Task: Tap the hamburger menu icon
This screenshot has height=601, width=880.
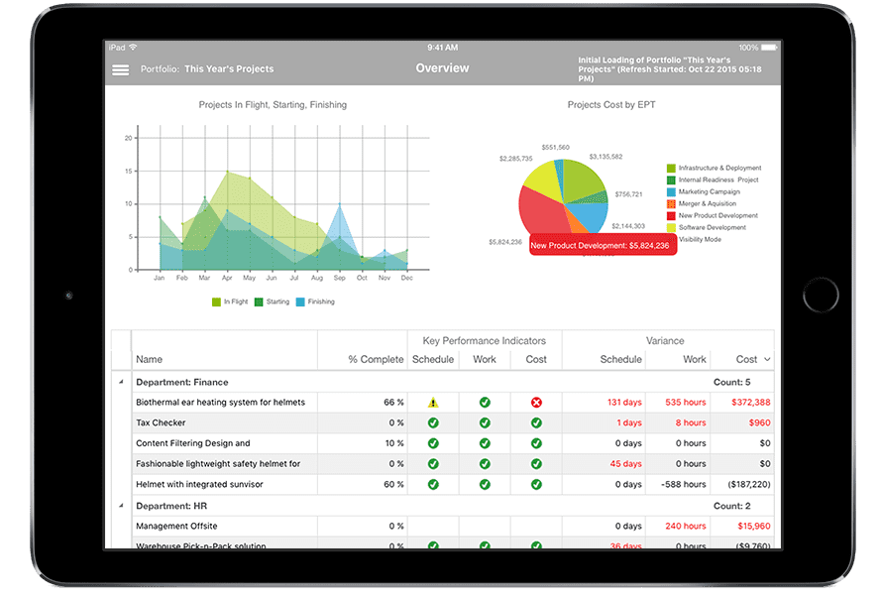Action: click(121, 69)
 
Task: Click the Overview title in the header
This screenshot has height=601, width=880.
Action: click(442, 68)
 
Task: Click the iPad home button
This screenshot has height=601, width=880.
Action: click(821, 297)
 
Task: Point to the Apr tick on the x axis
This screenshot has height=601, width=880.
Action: click(227, 279)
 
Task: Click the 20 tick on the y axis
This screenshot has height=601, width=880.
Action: click(129, 138)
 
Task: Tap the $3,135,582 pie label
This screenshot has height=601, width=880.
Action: click(605, 157)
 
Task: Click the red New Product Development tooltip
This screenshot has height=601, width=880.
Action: click(603, 245)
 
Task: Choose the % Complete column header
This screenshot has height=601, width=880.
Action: click(376, 359)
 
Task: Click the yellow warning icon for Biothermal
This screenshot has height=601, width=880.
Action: click(433, 403)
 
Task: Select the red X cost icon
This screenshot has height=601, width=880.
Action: click(536, 403)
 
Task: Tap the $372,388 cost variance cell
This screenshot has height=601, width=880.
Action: click(751, 403)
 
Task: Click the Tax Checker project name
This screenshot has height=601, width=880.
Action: click(161, 422)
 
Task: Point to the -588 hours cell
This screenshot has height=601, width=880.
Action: click(684, 485)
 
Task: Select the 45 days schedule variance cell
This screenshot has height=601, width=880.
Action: click(625, 464)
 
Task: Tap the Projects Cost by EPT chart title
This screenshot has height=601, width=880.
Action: click(611, 104)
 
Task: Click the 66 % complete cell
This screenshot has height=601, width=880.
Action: click(393, 403)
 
